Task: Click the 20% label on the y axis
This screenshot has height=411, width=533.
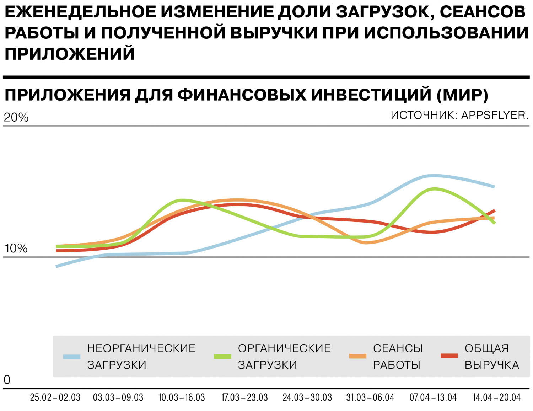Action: coord(16,118)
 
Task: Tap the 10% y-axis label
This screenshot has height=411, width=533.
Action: coord(16,249)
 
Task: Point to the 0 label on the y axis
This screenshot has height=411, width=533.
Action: coord(7,380)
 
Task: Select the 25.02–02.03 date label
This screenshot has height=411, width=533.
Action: coord(55,397)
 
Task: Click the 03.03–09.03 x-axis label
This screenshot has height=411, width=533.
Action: coord(118,397)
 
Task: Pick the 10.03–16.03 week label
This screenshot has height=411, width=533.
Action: coord(181,397)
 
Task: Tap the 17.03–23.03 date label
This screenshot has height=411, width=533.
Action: coord(244,397)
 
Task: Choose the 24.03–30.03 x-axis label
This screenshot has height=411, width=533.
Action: coord(307,397)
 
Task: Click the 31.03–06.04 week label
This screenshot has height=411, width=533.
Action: coord(370,397)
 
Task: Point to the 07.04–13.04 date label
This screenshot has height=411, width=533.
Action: coord(433,397)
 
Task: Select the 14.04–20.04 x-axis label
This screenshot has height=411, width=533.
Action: coord(496,397)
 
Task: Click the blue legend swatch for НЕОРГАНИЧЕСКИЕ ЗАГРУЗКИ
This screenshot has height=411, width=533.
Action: coord(72,357)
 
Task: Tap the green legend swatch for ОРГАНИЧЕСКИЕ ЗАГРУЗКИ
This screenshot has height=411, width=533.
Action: coord(222,357)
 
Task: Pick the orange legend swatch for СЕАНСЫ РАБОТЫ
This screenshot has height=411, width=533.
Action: coord(357,356)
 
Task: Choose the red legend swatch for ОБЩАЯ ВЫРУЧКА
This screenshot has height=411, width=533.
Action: coord(449,356)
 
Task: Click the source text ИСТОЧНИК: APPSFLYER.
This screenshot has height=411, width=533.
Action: coord(459,115)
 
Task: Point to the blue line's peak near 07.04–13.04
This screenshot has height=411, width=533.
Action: coord(433,176)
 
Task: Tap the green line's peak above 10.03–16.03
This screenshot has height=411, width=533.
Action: coord(182,200)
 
